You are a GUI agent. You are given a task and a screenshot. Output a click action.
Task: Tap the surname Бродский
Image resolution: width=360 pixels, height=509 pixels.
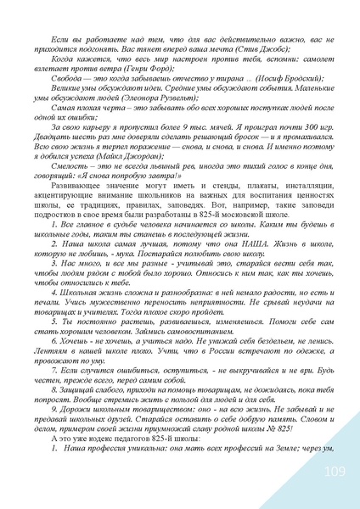(290, 86)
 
